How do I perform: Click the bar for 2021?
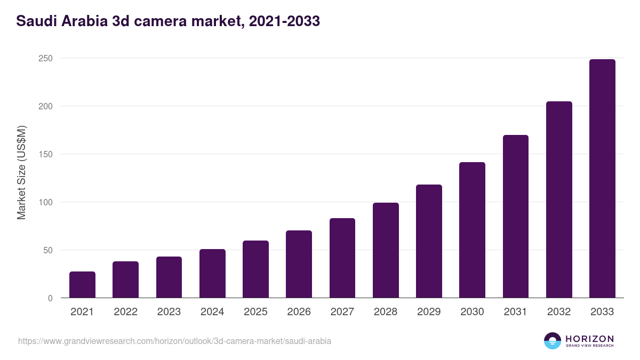[x=82, y=285]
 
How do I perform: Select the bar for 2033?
[x=602, y=179]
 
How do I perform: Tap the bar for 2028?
[x=386, y=250]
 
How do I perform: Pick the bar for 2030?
[x=472, y=230]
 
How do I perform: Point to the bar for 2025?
[x=255, y=269]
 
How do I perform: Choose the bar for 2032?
[x=559, y=199]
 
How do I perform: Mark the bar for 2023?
[x=169, y=277]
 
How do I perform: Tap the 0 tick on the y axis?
[x=50, y=298]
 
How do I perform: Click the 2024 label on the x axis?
[x=212, y=312]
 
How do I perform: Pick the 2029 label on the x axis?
[x=429, y=312]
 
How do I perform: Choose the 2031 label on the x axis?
[x=516, y=312]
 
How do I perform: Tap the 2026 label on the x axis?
[x=299, y=312]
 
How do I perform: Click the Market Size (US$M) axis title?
[x=21, y=172]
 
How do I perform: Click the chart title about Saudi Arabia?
[x=168, y=21]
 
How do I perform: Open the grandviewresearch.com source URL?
[x=174, y=341]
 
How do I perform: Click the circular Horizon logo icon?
[x=553, y=341]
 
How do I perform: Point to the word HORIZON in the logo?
[x=589, y=338]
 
